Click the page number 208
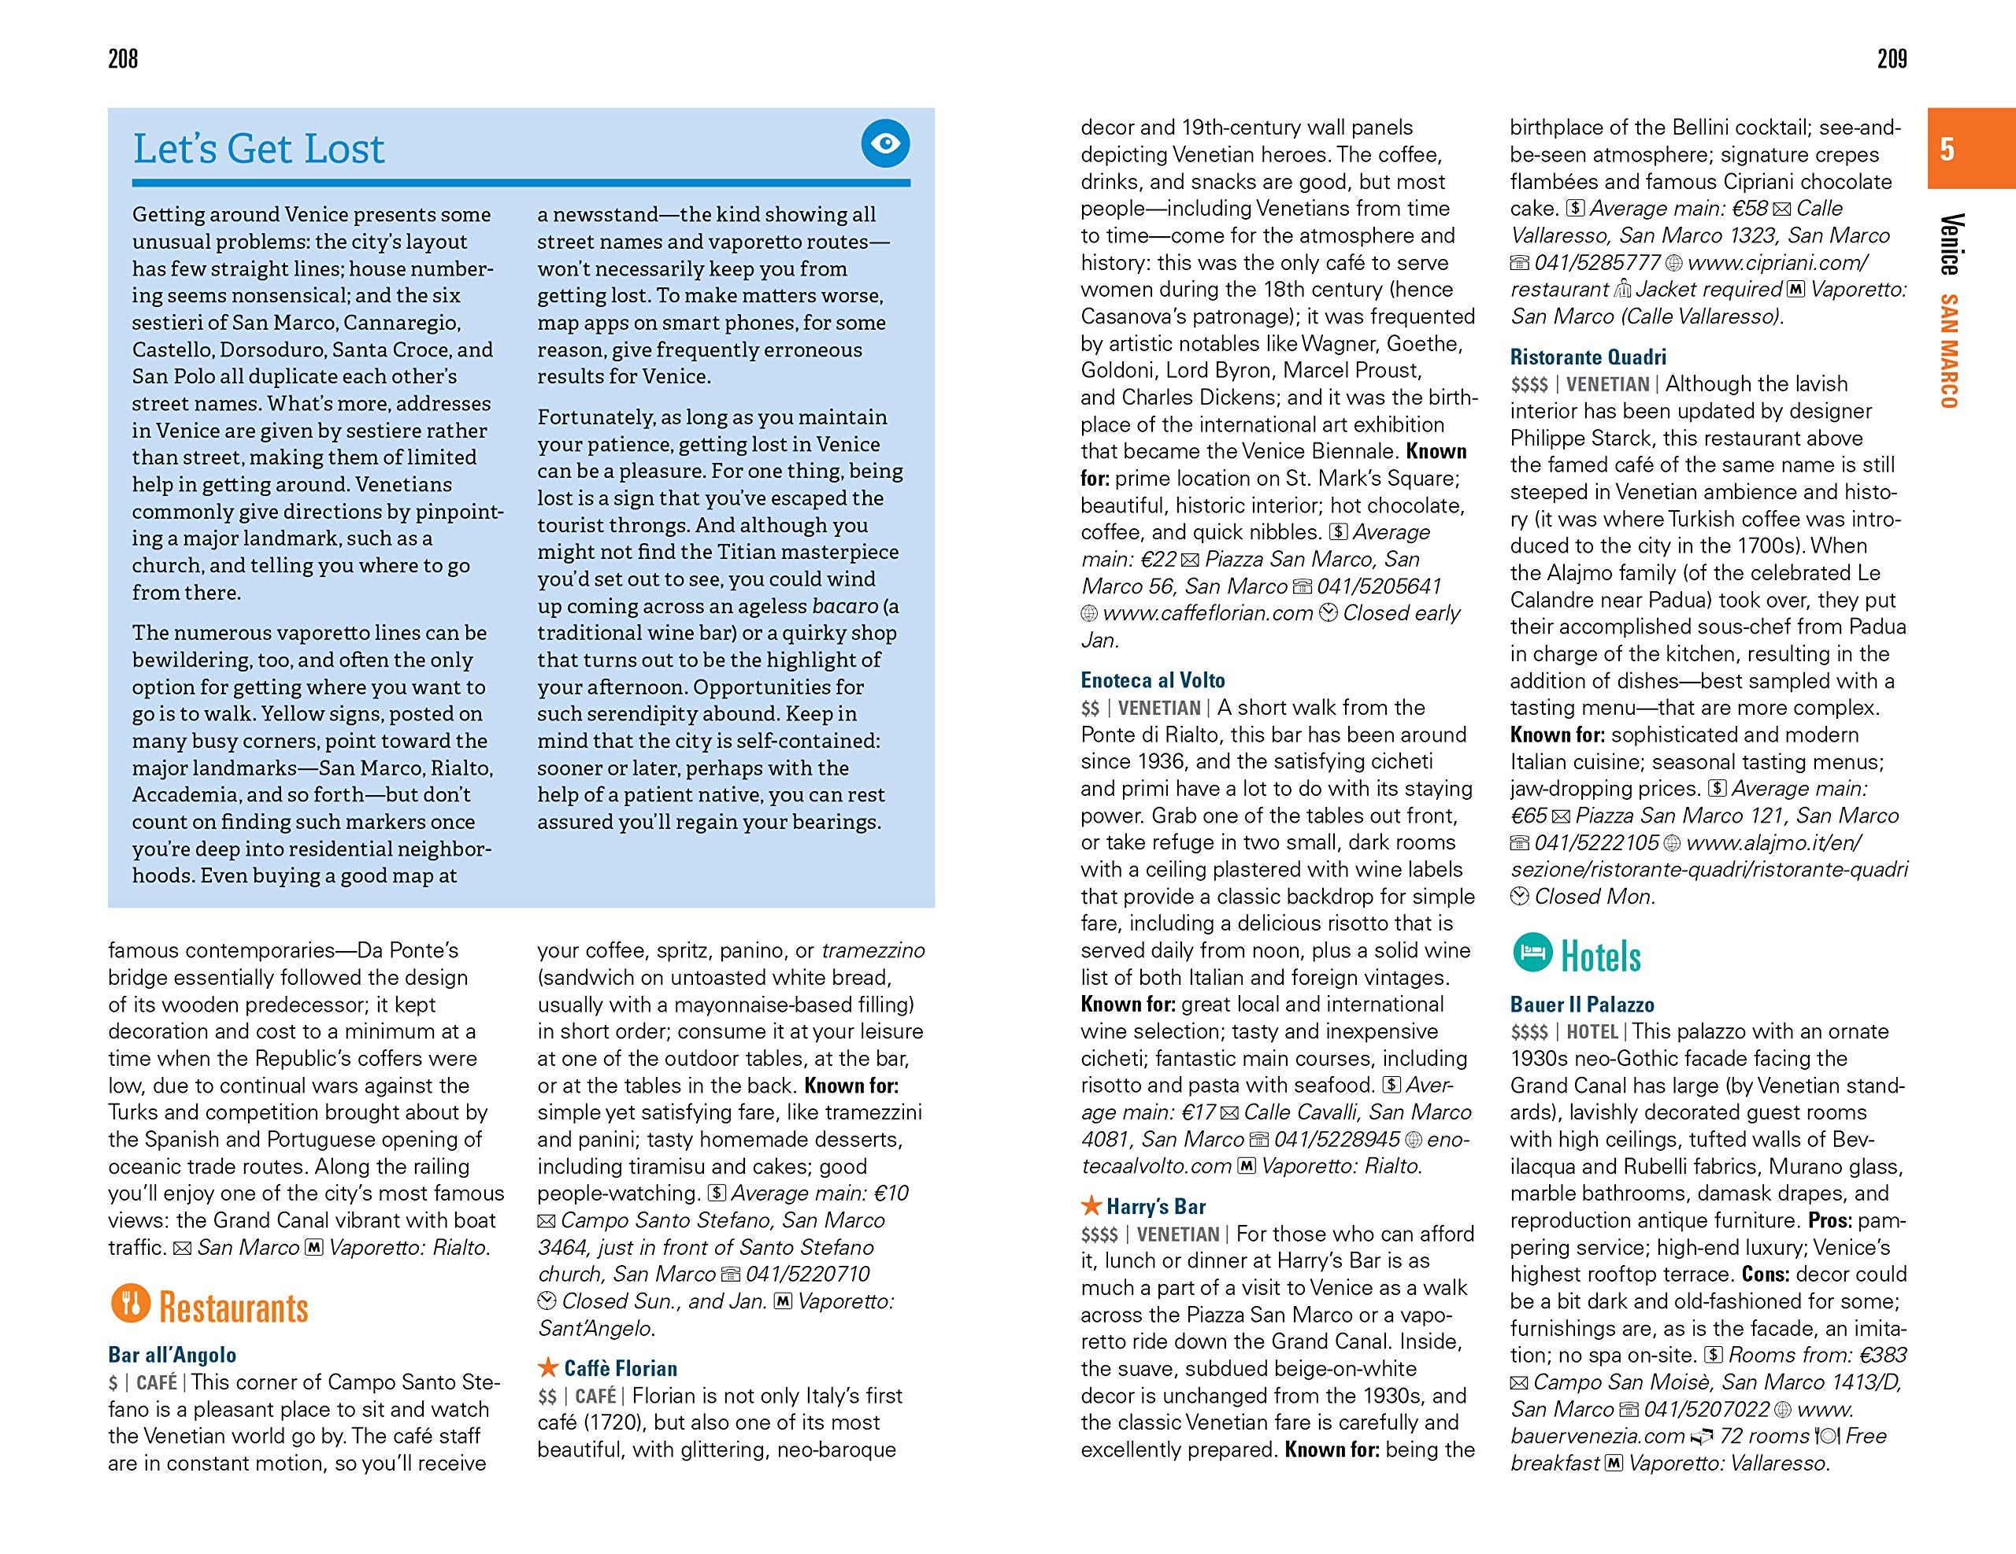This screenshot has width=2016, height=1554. click(123, 59)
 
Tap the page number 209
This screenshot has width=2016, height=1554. click(1892, 59)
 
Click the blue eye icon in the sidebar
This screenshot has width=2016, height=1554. click(885, 143)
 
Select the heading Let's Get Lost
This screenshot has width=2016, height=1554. click(258, 149)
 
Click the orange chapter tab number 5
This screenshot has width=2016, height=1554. click(1947, 149)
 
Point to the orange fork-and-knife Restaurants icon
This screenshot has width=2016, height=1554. click(130, 1303)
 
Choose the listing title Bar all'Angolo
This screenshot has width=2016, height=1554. click(172, 1355)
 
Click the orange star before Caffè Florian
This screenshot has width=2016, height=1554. click(548, 1367)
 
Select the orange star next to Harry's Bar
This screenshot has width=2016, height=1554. click(1091, 1205)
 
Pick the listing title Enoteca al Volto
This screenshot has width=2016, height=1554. click(1153, 680)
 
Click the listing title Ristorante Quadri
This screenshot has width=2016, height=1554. click(1588, 357)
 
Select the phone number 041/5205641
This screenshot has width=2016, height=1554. click(1379, 586)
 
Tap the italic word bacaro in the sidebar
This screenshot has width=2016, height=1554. click(845, 606)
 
